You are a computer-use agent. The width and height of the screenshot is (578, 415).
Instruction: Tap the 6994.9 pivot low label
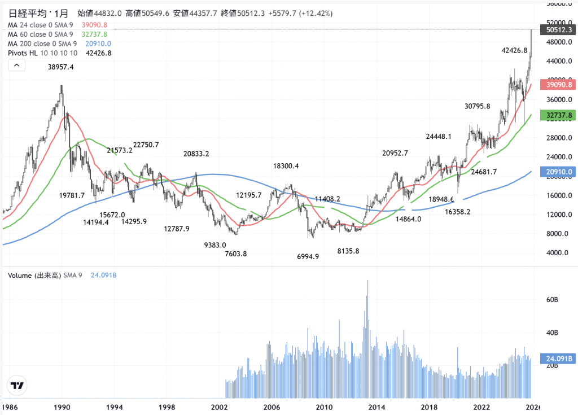click(x=308, y=256)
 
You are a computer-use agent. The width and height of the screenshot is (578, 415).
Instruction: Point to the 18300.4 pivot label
click(x=286, y=166)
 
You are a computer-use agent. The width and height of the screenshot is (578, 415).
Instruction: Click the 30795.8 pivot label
click(x=477, y=106)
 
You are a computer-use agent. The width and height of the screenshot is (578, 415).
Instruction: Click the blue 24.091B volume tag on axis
click(x=558, y=358)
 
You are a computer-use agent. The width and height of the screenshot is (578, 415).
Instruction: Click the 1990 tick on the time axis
click(x=62, y=407)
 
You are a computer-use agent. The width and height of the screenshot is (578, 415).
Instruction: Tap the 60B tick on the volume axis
click(x=551, y=299)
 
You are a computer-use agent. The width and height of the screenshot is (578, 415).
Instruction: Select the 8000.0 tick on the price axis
click(x=556, y=234)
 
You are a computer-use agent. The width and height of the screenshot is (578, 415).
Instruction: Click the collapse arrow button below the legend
click(x=16, y=65)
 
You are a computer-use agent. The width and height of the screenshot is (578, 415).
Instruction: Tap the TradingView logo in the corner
click(x=17, y=386)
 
